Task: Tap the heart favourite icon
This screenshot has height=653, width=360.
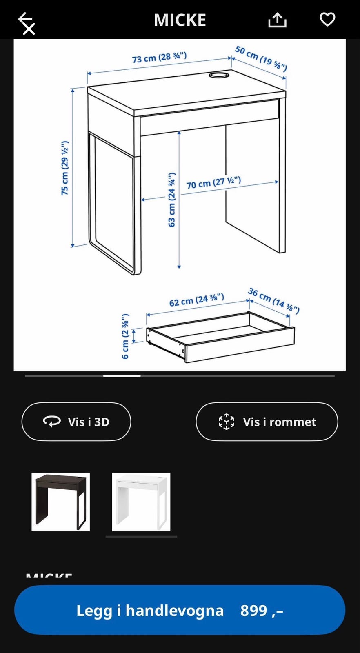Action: [327, 19]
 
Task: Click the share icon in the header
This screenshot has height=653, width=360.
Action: [277, 20]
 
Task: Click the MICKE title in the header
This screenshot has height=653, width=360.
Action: [180, 20]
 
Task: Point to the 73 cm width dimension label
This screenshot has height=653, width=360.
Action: [159, 57]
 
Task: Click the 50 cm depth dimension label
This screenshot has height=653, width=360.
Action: [261, 58]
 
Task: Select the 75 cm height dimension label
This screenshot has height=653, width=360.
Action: [65, 168]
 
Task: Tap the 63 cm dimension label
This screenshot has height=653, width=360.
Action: [172, 200]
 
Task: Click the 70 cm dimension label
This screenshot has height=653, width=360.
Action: [213, 182]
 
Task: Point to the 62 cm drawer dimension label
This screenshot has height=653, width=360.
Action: [196, 300]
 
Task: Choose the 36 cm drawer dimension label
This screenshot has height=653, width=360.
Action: [273, 301]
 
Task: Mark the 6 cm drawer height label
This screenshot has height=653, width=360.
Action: [125, 336]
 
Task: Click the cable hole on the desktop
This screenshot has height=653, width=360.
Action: [219, 75]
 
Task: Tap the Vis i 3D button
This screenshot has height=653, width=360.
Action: [76, 422]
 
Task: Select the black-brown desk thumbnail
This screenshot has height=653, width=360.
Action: [60, 502]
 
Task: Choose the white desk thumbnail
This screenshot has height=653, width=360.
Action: [141, 502]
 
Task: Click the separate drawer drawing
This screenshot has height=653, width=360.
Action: [220, 337]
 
